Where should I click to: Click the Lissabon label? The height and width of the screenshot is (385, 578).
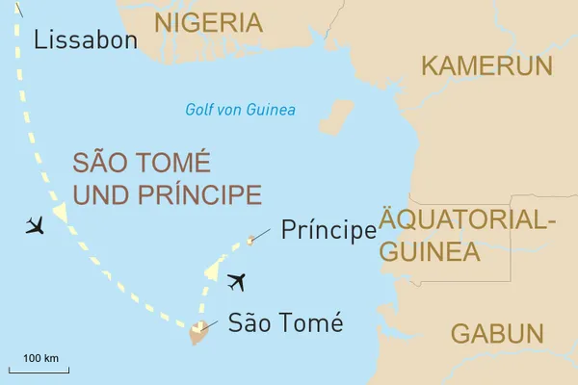(85, 39)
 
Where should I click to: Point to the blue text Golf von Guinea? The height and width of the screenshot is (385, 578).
(240, 110)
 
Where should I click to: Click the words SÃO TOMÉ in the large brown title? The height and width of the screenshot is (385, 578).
(142, 162)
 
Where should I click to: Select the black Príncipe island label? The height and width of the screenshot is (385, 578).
(328, 230)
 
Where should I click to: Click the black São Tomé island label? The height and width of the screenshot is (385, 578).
(285, 323)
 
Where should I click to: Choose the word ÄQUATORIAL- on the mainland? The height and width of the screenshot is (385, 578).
(468, 219)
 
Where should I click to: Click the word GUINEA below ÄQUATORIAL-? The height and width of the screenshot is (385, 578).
(429, 252)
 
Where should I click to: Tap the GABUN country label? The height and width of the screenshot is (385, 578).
(496, 334)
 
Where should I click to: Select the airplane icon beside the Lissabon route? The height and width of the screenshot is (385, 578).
(36, 226)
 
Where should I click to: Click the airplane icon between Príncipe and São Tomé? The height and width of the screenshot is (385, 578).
(235, 282)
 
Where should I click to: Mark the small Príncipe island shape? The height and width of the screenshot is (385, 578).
(250, 240)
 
